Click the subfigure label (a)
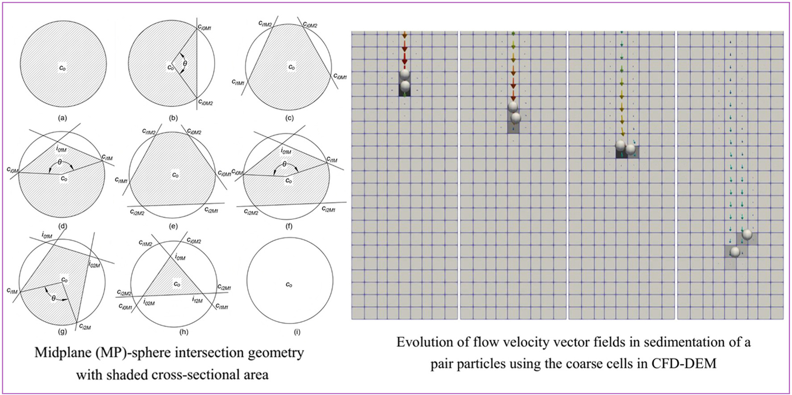(63, 118)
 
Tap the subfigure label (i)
(297, 332)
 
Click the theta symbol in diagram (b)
(185, 64)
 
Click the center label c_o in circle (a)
(63, 68)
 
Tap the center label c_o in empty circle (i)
(289, 284)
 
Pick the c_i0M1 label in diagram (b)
(204, 28)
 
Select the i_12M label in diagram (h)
(197, 300)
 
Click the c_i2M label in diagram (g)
(85, 327)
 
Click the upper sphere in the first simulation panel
(404, 74)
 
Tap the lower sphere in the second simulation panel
(516, 118)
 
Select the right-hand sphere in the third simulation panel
(631, 148)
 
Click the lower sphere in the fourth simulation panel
(735, 252)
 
